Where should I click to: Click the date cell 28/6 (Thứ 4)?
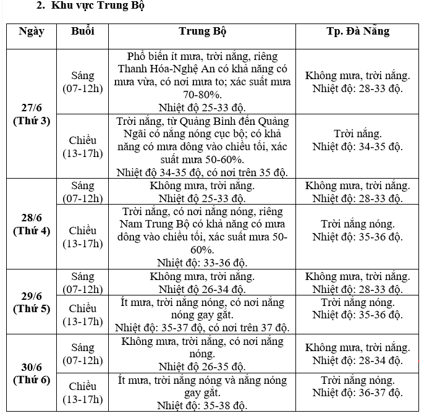click(x=31, y=224)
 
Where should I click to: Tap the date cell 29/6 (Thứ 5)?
click(x=31, y=302)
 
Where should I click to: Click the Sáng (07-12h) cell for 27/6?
click(x=82, y=82)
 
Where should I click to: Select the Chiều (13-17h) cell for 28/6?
click(x=82, y=237)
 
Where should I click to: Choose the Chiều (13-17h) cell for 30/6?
click(x=82, y=393)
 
